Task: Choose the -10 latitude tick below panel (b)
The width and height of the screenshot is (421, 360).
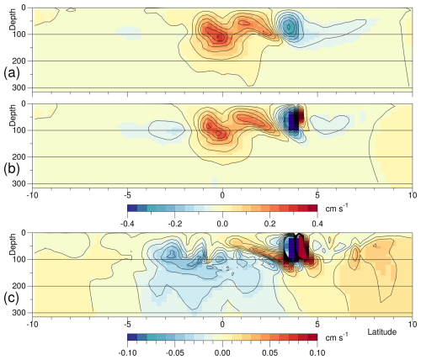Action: point(32,194)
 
